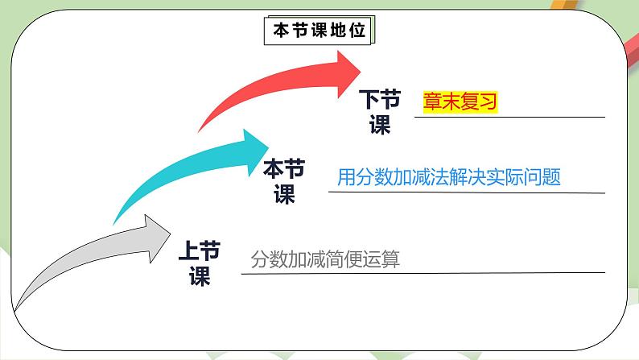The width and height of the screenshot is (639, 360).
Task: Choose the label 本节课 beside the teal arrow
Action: (x=284, y=181)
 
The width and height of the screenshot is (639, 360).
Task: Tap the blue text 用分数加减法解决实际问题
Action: (x=448, y=177)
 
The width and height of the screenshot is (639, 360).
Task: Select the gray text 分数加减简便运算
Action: (x=325, y=260)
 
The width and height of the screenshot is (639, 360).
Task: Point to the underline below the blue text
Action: (x=467, y=192)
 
